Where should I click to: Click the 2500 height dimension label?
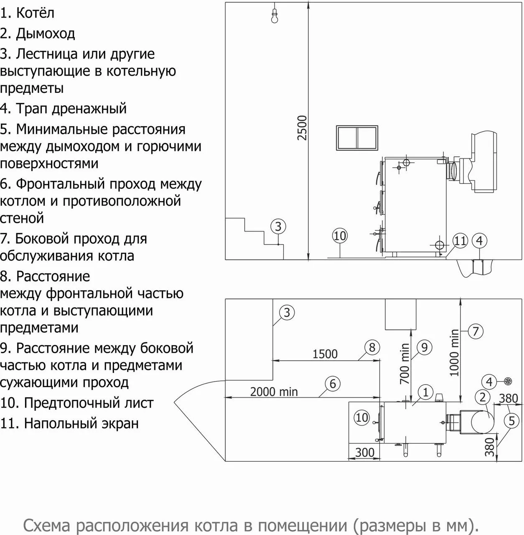[302, 128]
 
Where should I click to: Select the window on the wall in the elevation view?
[358, 137]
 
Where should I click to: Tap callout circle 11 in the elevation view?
[460, 241]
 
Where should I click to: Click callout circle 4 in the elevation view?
[479, 241]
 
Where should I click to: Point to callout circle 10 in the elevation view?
[340, 236]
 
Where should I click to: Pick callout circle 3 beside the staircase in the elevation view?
[278, 227]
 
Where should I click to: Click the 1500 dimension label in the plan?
[325, 354]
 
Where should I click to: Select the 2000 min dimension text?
[274, 392]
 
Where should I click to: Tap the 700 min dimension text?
[404, 364]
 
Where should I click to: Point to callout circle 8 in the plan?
[372, 347]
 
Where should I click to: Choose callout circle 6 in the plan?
[333, 384]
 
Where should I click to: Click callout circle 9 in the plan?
[424, 347]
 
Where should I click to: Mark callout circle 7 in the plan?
[476, 331]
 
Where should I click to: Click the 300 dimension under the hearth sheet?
[364, 452]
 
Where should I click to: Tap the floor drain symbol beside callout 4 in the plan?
[508, 381]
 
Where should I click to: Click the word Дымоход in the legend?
[46, 33]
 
